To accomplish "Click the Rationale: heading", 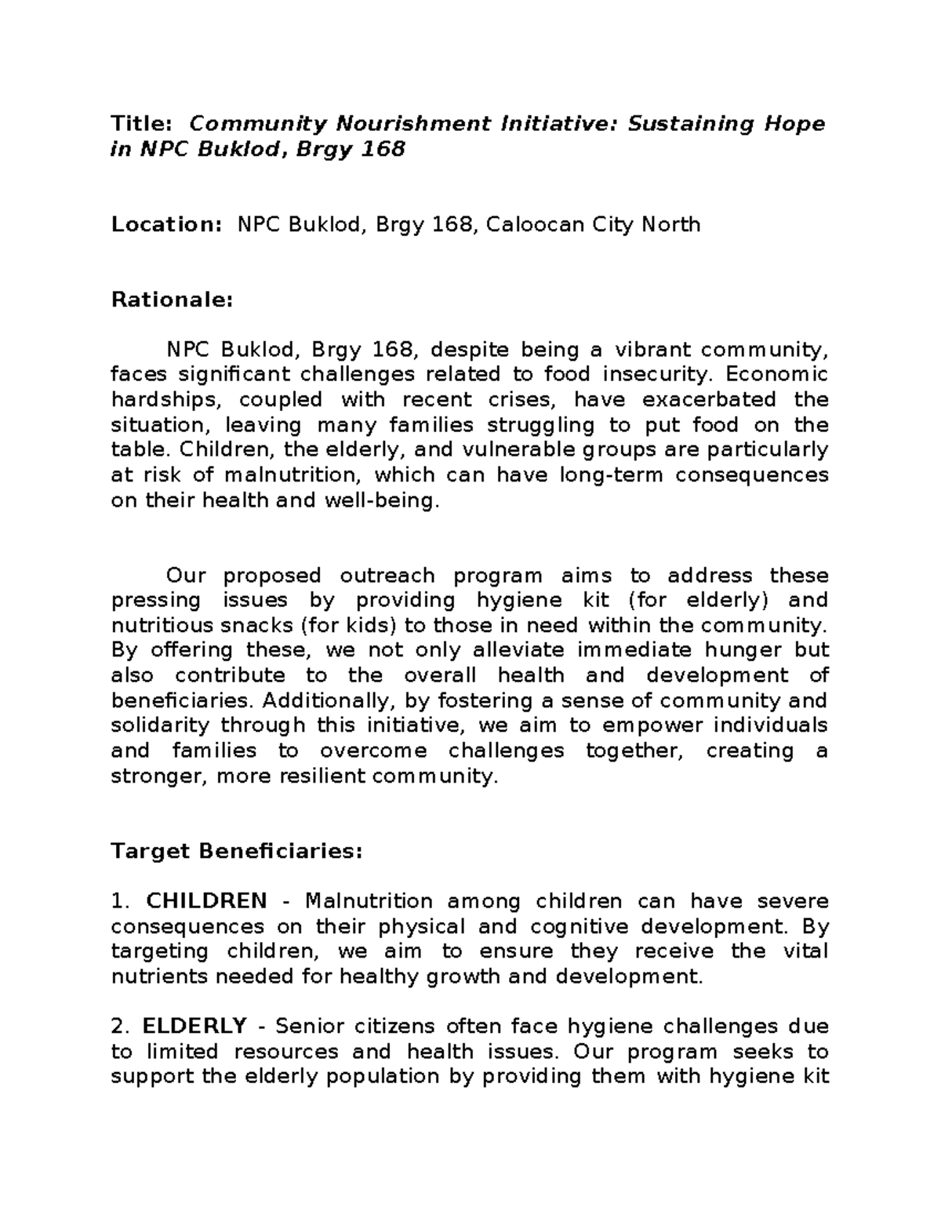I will pyautogui.click(x=173, y=300).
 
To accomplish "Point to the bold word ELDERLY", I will pyautogui.click(x=194, y=1026).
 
